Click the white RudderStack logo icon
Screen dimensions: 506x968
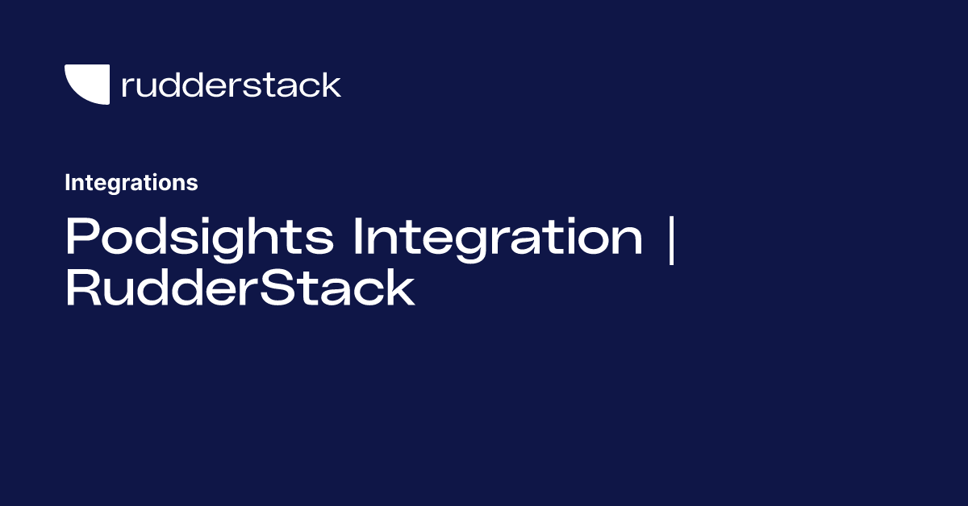coord(87,85)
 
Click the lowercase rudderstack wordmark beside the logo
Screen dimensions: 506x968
coord(231,85)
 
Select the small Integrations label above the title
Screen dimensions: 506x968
coord(131,183)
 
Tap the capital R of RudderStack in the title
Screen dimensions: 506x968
coord(81,288)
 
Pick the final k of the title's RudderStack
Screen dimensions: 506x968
coord(400,288)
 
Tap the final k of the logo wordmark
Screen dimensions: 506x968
coord(331,85)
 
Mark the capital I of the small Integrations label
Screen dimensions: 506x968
coord(68,183)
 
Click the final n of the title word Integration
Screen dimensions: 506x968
coord(628,239)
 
